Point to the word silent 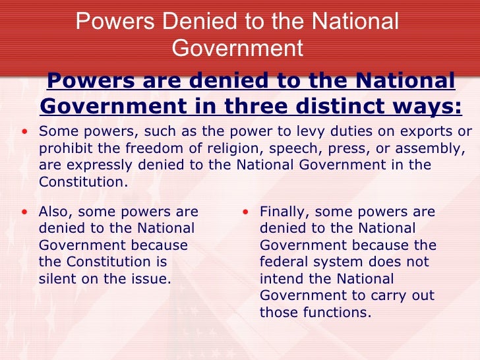58,279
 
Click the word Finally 283,212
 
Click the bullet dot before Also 24,213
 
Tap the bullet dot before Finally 245,213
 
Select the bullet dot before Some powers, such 24,131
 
